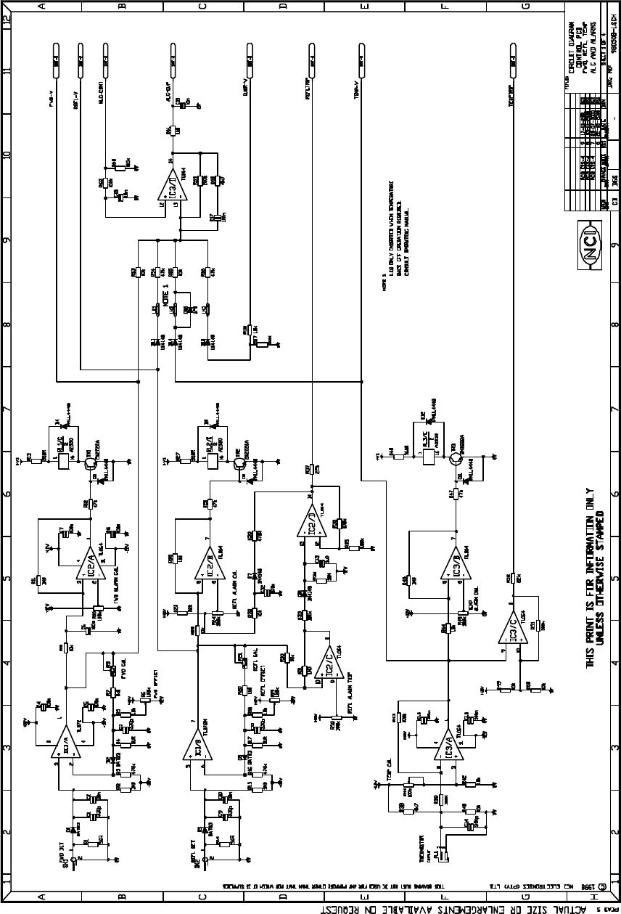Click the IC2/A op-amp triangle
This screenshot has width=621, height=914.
[87, 564]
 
